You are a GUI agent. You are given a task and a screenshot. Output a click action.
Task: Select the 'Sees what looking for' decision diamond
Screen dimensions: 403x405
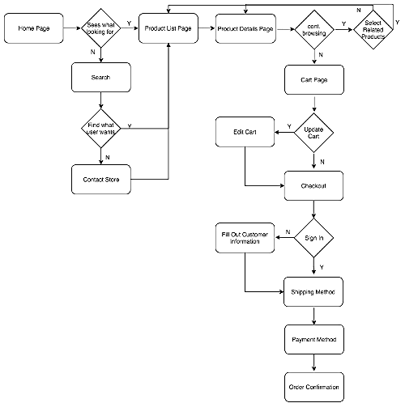[100, 30]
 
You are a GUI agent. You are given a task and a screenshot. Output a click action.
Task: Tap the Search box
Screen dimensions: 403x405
[100, 78]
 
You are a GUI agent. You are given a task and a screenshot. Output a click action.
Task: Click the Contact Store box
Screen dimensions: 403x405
[100, 179]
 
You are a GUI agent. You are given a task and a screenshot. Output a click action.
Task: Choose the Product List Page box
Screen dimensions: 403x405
[168, 29]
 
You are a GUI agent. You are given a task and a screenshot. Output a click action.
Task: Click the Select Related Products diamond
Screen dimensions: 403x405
[373, 30]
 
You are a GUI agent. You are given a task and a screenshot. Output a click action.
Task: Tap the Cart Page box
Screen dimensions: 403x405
[313, 80]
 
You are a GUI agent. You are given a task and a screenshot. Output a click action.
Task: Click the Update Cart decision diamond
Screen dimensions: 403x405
[313, 132]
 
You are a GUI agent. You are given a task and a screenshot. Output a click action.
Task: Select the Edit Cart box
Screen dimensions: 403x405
[245, 132]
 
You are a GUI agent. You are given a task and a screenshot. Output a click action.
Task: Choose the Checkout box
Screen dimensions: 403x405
[313, 185]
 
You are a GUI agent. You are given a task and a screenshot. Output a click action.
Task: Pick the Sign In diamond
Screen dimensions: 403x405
[313, 238]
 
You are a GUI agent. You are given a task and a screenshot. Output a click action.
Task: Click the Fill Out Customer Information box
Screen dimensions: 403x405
[245, 238]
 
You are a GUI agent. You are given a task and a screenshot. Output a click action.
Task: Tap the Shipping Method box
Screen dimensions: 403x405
[313, 290]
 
